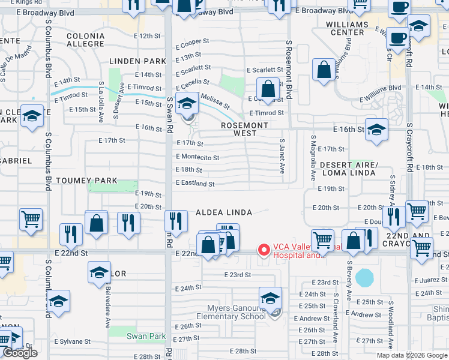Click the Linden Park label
137,61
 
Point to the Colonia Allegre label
85,40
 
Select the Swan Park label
146,337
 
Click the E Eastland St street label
195,184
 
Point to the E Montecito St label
197,157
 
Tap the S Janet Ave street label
282,156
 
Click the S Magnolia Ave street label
313,158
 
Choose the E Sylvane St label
72,341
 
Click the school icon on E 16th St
376,130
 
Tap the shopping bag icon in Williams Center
324,70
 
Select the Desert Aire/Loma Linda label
348,169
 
